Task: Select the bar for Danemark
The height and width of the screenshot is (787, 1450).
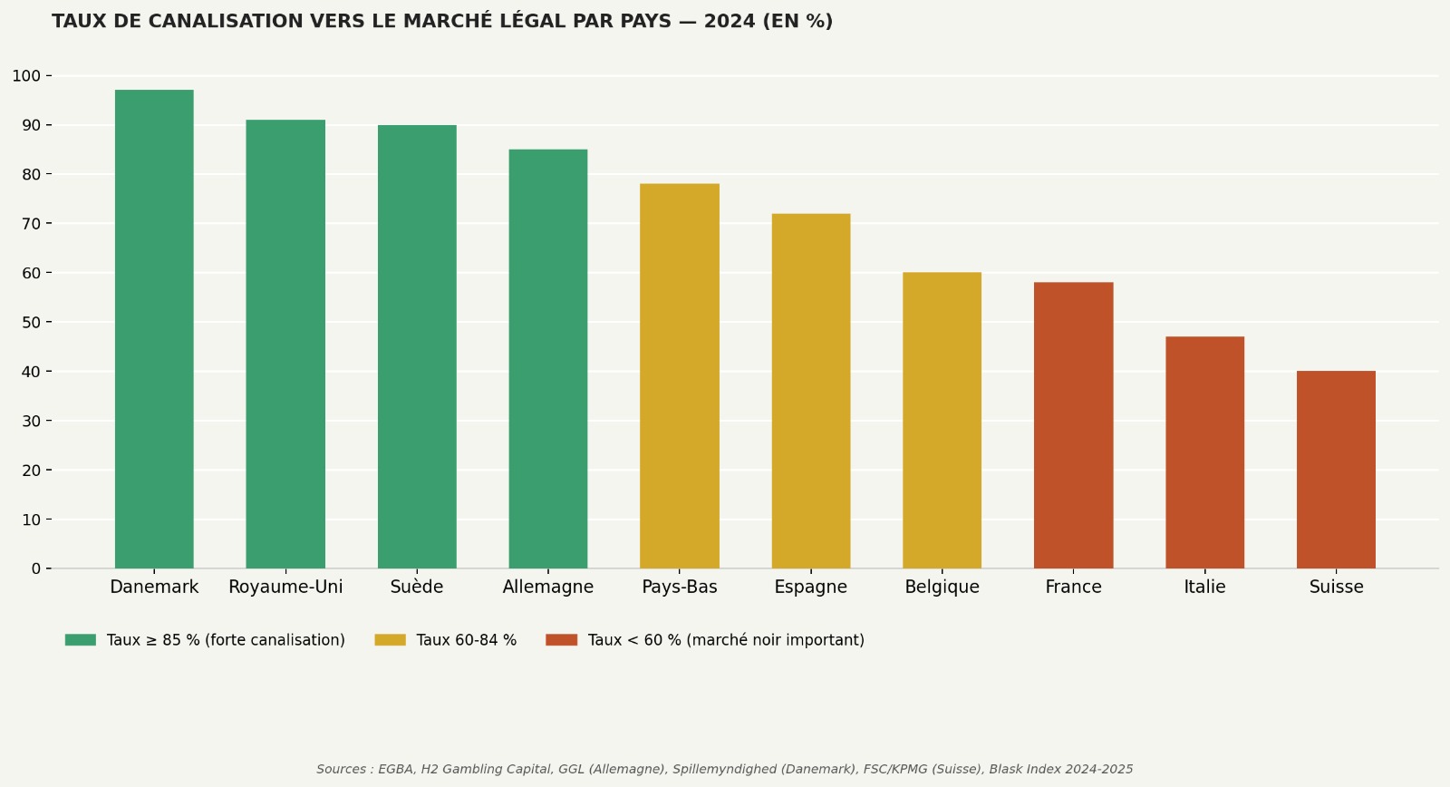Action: pos(154,329)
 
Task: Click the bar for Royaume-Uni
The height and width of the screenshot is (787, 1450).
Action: pos(285,345)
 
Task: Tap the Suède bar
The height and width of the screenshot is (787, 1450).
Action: pos(417,347)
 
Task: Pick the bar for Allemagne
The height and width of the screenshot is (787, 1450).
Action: pos(548,359)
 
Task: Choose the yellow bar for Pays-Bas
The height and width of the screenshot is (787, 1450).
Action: pos(680,376)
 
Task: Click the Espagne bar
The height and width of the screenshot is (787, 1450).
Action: pos(811,391)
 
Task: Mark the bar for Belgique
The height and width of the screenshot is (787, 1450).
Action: pos(942,421)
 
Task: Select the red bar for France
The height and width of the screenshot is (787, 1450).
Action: pos(1073,425)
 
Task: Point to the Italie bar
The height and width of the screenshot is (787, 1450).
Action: pos(1204,452)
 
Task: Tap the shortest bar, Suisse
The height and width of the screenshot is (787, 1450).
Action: pos(1336,470)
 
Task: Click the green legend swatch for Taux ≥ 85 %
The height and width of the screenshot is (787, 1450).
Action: pos(81,640)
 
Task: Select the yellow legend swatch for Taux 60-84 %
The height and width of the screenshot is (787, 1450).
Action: pos(390,640)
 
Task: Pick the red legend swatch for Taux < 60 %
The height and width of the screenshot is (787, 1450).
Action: pos(561,640)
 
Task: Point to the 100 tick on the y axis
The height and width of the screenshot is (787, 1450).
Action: pos(26,76)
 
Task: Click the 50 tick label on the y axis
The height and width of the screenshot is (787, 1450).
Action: pos(31,323)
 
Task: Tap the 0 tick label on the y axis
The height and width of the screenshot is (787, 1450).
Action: pos(36,569)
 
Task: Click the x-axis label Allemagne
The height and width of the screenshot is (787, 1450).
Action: pos(548,588)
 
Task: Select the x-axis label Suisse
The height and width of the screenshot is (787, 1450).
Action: pos(1336,588)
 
